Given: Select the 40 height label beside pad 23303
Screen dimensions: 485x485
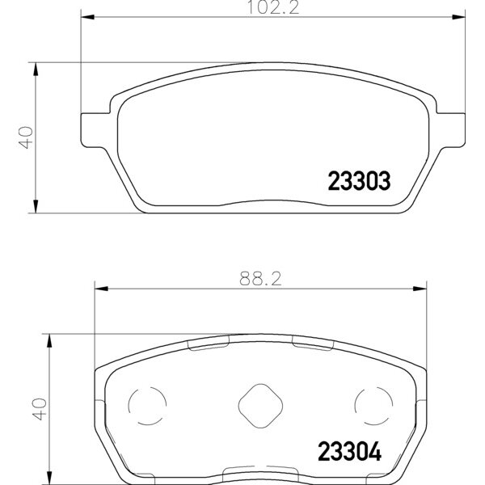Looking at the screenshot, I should click(x=26, y=137).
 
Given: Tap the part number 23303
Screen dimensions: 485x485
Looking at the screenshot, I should click(x=359, y=181).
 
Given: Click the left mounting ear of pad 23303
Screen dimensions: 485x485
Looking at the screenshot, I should click(x=93, y=129).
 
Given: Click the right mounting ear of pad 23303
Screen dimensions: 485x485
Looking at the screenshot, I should click(x=453, y=129).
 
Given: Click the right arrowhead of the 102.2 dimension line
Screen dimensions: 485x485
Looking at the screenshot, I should click(x=460, y=17).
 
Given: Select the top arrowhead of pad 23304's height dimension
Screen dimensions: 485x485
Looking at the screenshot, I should click(x=51, y=339).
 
